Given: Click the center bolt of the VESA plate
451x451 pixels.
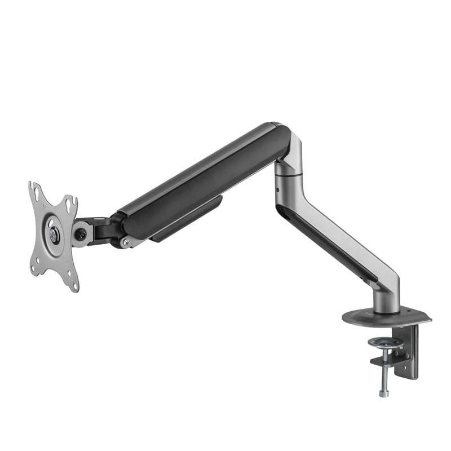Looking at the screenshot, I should pos(54,236).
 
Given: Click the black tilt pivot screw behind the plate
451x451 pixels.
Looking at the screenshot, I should pos(81,234).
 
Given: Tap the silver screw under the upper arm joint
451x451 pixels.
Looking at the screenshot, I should pos(125,242).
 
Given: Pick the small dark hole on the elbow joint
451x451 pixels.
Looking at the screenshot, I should pos(278,190).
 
